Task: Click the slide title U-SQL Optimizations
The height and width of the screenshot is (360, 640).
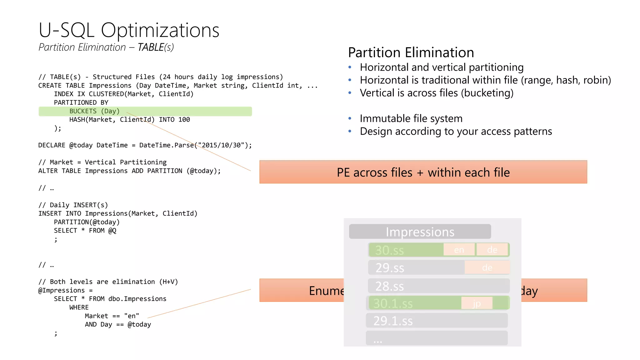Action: pos(129,30)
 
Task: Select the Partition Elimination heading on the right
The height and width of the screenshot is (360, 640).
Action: pos(411,52)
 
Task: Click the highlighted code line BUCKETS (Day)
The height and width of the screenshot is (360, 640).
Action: pos(94,111)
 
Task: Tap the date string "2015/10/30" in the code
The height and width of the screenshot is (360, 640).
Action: pos(221,145)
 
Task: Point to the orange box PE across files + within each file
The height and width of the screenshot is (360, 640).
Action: pos(423,172)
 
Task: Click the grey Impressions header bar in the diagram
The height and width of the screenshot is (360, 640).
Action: pos(420,232)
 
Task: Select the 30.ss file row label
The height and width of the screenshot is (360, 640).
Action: pos(389,250)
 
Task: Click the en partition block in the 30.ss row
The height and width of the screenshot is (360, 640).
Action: pos(459,250)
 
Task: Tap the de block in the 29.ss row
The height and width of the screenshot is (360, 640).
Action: pos(487,267)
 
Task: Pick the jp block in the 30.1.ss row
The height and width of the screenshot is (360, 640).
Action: pos(477,303)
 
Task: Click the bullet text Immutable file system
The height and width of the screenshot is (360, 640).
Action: pos(411,119)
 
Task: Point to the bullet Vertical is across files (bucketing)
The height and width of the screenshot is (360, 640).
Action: pos(436,93)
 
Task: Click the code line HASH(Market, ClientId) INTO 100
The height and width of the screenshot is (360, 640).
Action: pos(129,120)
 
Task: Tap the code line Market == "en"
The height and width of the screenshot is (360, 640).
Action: pos(112,316)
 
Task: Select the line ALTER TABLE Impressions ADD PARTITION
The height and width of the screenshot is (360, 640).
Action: pos(129,171)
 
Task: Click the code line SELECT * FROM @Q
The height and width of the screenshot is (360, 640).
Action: pos(85,231)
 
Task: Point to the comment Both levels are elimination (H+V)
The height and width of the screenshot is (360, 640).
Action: pos(108,282)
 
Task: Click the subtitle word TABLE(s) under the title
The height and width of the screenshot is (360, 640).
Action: pos(156,47)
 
